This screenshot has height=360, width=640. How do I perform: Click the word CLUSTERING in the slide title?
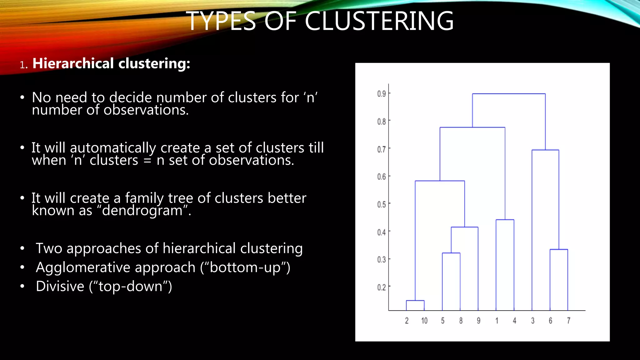(379, 21)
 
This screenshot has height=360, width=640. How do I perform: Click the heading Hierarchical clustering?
(111, 63)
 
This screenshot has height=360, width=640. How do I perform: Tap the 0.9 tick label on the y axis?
(381, 94)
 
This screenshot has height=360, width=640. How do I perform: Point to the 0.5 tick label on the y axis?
(381, 204)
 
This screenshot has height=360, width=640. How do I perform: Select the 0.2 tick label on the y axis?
(381, 287)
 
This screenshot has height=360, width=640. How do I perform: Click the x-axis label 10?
(424, 321)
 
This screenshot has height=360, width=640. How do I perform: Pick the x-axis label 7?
(568, 321)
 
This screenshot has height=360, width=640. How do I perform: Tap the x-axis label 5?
(442, 321)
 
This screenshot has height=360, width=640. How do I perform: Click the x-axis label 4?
(514, 321)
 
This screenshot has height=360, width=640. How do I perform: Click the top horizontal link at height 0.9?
(509, 94)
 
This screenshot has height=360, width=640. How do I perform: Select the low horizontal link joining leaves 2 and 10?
(415, 301)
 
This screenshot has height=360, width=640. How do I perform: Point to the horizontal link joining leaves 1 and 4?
(505, 220)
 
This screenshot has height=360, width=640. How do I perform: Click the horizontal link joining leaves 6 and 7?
(559, 249)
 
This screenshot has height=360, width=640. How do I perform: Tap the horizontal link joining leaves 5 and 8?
(451, 253)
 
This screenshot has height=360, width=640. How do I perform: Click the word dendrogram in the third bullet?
(142, 211)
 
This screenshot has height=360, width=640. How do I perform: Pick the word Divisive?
(60, 286)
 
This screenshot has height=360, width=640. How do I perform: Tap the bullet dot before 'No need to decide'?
(22, 98)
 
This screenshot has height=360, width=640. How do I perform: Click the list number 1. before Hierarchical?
(24, 65)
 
